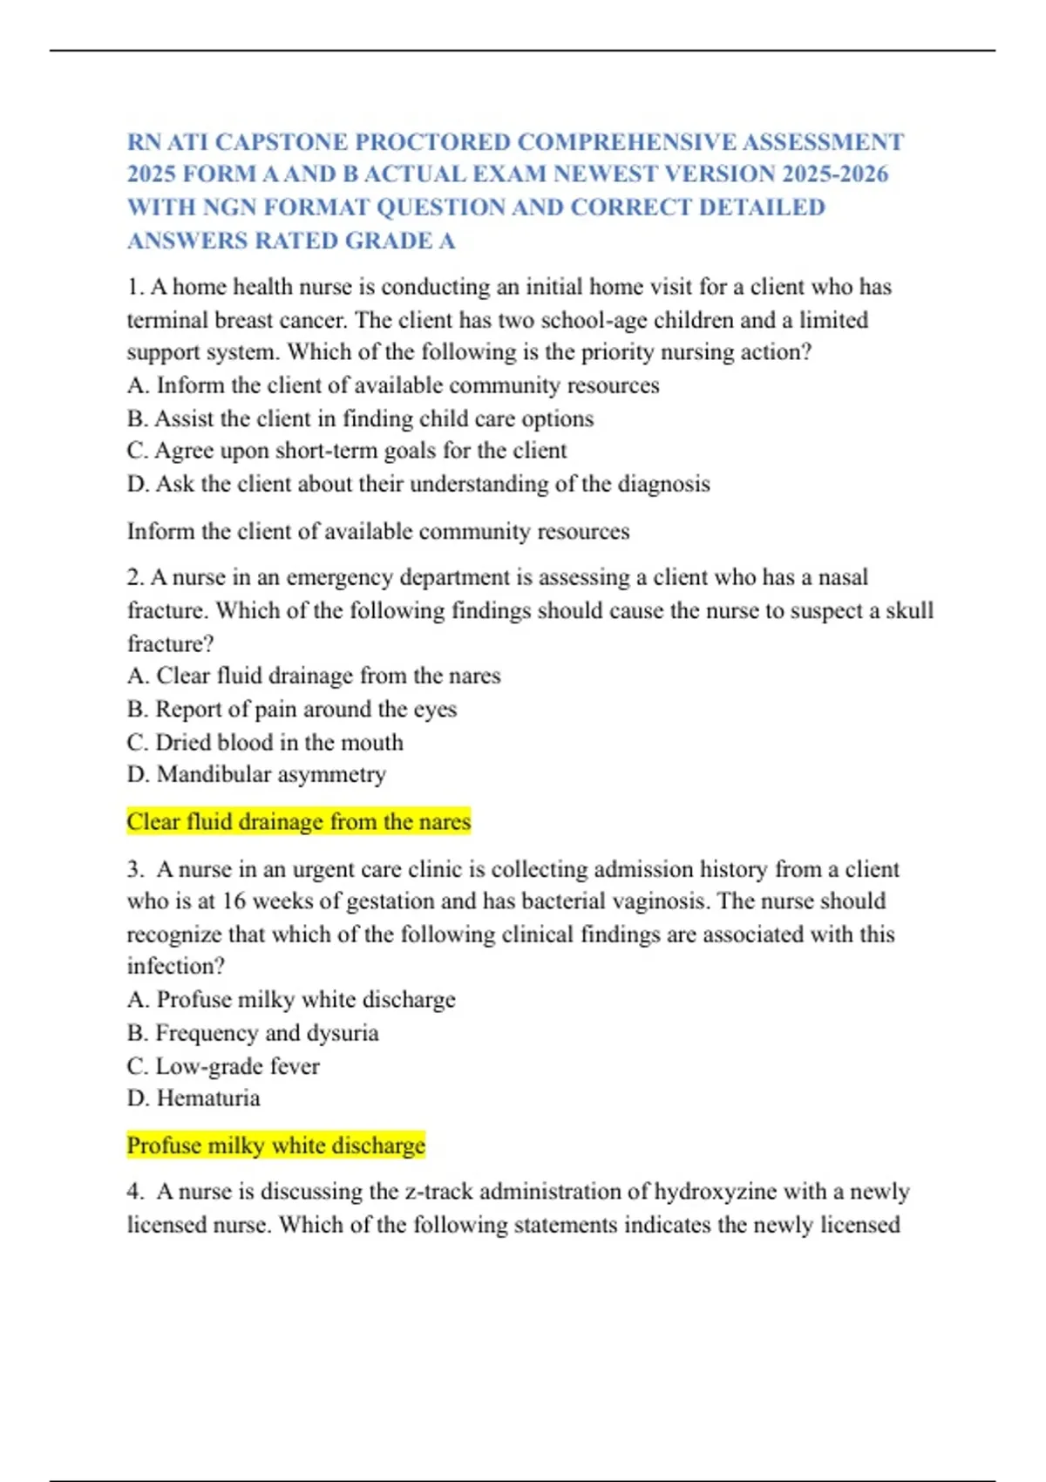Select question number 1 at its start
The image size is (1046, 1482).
[x=136, y=287]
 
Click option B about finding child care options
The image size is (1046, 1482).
[x=360, y=418]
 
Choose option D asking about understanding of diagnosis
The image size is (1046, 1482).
[x=418, y=484]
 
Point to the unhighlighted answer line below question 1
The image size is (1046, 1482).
[x=378, y=531]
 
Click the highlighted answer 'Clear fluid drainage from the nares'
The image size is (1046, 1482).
[x=298, y=821]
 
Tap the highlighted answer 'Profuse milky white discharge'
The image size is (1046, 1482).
[x=275, y=1145]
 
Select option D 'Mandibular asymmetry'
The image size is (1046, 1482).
[x=256, y=774]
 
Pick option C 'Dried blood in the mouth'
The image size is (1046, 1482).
[x=265, y=742]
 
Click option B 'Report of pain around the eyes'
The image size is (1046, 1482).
[x=291, y=709]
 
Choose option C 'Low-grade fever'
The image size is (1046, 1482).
[x=223, y=1065]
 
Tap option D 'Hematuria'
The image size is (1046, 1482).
[x=194, y=1098]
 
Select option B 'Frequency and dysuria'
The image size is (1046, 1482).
[x=253, y=1032]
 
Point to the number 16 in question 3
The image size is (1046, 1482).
[x=234, y=901]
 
